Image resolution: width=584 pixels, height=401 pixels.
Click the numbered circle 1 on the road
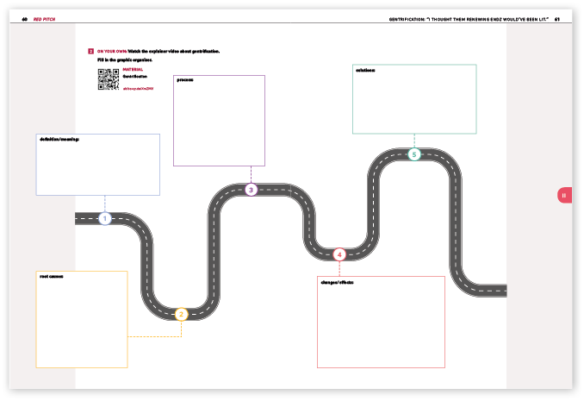click(x=104, y=219)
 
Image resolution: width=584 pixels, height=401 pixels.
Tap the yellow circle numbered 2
click(x=181, y=315)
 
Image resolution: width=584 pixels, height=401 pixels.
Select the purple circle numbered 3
click(x=251, y=190)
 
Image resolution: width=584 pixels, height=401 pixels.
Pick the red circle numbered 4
click(x=339, y=254)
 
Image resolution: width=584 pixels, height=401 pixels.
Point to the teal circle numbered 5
click(x=414, y=154)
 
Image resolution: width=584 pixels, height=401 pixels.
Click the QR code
click(x=108, y=79)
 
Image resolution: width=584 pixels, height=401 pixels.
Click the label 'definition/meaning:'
click(x=59, y=139)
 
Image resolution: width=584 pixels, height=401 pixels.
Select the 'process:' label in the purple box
click(x=185, y=80)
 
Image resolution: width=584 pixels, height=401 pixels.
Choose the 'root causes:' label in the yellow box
click(x=52, y=276)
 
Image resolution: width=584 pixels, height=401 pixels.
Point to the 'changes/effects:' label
click(x=338, y=281)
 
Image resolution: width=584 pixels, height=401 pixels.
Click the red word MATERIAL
click(x=133, y=70)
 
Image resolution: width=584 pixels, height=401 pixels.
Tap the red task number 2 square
click(x=90, y=52)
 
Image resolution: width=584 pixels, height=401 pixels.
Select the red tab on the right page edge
click(x=564, y=196)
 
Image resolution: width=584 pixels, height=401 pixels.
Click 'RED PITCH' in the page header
click(x=44, y=18)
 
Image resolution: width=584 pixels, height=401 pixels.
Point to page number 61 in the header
click(x=557, y=18)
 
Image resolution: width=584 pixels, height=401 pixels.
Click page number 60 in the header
click(x=25, y=18)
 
